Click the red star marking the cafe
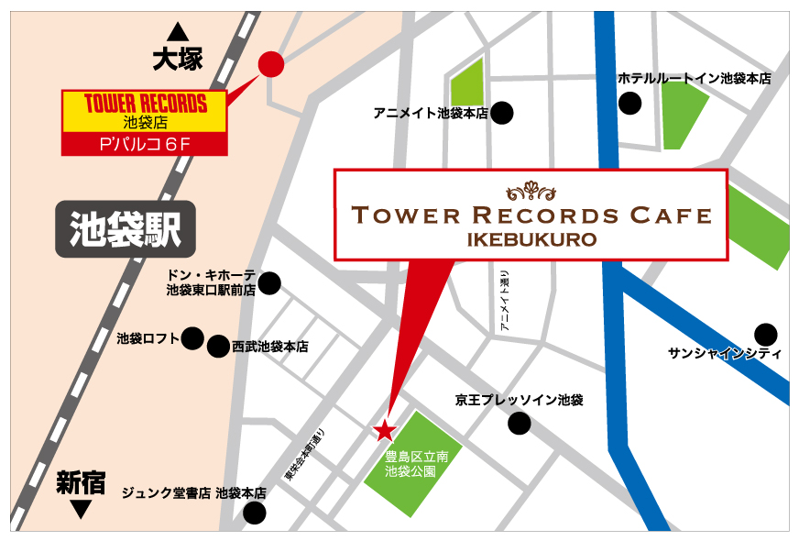pyautogui.click(x=384, y=429)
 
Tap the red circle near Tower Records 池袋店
pyautogui.click(x=271, y=64)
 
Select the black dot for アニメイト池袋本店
pyautogui.click(x=502, y=114)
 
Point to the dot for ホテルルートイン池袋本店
pyautogui.click(x=629, y=104)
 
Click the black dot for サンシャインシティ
pyautogui.click(x=765, y=334)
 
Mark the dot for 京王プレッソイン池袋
pyautogui.click(x=520, y=424)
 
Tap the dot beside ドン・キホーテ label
pyautogui.click(x=269, y=283)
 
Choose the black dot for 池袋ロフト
pyautogui.click(x=192, y=338)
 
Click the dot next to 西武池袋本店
pyautogui.click(x=218, y=347)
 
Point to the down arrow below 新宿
pyautogui.click(x=81, y=507)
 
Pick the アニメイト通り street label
pyautogui.click(x=504, y=302)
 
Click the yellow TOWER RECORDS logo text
pyautogui.click(x=145, y=103)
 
